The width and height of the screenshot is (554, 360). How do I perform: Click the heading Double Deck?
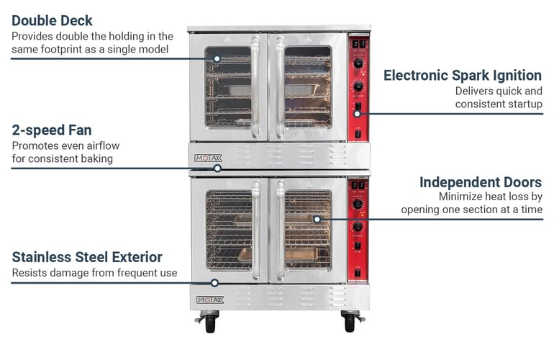[53, 20]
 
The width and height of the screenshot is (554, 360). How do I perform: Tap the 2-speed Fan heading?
[52, 130]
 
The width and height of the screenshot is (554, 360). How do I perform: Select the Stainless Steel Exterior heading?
[87, 257]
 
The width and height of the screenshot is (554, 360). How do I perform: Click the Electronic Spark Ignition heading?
[462, 76]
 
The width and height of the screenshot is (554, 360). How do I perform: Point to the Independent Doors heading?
[481, 182]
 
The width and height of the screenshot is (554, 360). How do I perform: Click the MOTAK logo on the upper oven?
[209, 158]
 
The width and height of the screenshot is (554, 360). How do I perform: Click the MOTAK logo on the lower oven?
[210, 300]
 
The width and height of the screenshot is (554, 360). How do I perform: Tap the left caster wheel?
[210, 323]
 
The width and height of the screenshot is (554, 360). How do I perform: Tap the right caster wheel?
[350, 323]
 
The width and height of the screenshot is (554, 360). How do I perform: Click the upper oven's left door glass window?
[228, 87]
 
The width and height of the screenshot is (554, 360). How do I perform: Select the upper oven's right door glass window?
[308, 87]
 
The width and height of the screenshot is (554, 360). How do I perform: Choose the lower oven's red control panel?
[358, 229]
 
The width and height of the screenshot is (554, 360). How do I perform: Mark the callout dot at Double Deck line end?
[214, 58]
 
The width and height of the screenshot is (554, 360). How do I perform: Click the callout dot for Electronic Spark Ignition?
[358, 113]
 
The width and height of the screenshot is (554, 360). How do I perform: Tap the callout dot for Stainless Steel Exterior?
[214, 283]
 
